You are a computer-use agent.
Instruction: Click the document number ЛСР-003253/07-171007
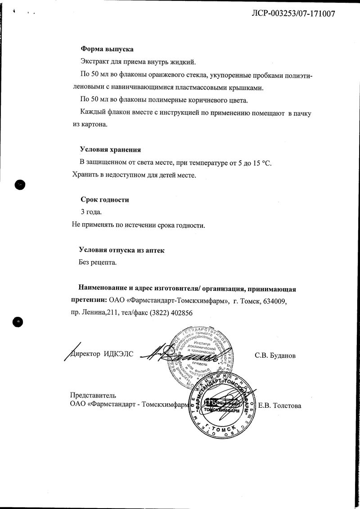[293, 14]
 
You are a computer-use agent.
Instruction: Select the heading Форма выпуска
[107, 49]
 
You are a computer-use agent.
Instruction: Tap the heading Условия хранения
[110, 150]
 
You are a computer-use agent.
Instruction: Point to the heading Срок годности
[105, 200]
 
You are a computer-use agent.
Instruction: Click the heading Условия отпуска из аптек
[121, 250]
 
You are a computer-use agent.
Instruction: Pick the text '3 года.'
[91, 212]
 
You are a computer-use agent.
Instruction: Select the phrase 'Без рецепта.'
[98, 262]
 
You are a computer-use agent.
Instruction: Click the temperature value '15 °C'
[262, 162]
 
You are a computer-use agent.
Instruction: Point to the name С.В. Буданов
[275, 356]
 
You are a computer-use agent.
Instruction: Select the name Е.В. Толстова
[279, 405]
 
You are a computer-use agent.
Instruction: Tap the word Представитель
[93, 396]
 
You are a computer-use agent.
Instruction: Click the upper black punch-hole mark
[20, 184]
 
